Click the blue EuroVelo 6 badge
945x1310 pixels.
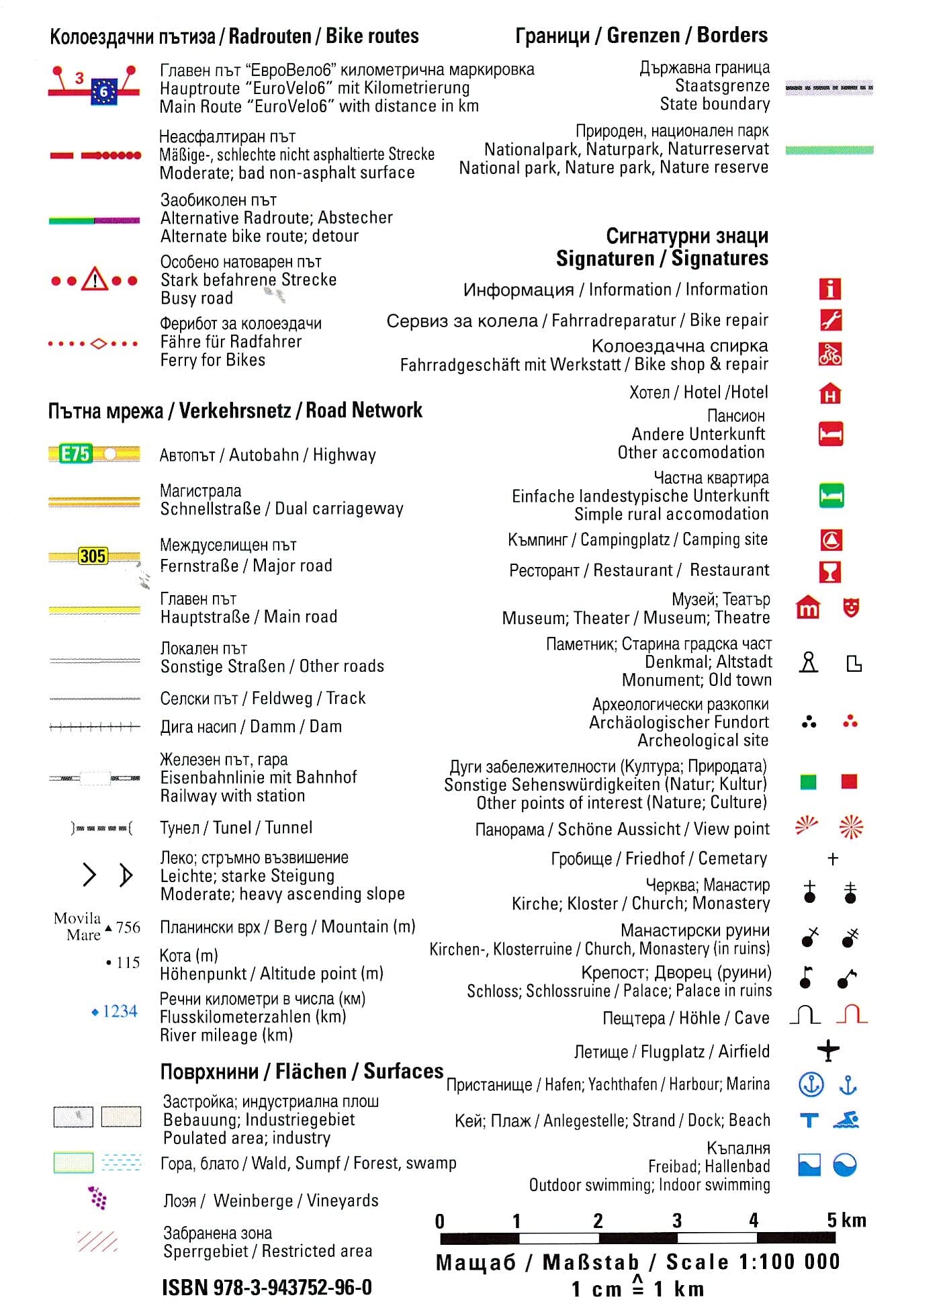pos(104,91)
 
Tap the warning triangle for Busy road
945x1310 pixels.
pos(95,279)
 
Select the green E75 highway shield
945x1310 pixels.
pos(75,454)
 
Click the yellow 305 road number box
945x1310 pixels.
pos(93,556)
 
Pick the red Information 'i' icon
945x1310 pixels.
pos(830,289)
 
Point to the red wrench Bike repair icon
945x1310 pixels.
pos(831,320)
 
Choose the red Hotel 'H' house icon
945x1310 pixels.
pos(831,394)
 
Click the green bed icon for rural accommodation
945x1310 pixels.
pos(831,496)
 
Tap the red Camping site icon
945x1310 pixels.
pos(831,540)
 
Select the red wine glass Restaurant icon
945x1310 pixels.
pos(831,572)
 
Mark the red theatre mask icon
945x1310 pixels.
pos(851,608)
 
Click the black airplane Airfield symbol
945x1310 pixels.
pos(828,1050)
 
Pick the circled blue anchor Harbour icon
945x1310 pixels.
pos(811,1084)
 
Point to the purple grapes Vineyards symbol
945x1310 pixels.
pos(98,1198)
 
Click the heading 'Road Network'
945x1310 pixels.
pos(364,410)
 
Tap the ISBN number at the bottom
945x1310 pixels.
pos(267,1287)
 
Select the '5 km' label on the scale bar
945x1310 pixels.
pos(846,1220)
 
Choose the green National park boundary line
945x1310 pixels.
pos(829,150)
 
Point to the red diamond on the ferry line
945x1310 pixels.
pos(99,344)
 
